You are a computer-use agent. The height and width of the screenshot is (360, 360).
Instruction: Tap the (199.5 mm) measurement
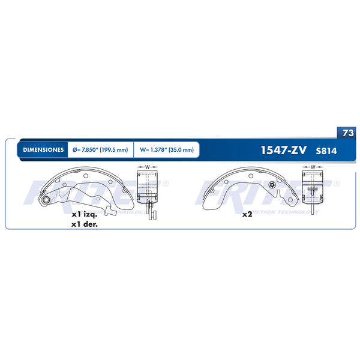114,149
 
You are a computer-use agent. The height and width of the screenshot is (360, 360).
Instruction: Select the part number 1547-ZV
283,150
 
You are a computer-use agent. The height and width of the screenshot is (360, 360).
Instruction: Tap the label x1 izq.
85,214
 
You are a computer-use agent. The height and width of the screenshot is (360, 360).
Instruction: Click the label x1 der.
85,225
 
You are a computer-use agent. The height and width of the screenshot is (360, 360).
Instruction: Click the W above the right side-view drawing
312,166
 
